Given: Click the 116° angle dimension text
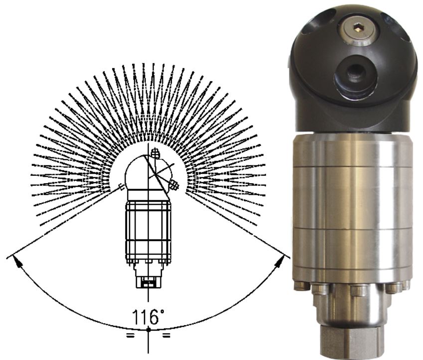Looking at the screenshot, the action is (x=148, y=317).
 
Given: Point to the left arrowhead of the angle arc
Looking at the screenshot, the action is (x=17, y=261).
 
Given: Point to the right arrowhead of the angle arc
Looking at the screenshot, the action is (x=279, y=261).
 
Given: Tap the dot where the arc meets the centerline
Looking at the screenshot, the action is (x=148, y=330).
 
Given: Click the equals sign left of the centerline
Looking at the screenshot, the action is (x=131, y=336).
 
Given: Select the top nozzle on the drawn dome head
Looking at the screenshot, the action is (x=155, y=153).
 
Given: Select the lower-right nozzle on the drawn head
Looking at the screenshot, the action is (x=173, y=186).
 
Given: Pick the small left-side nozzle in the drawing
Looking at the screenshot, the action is (x=122, y=187).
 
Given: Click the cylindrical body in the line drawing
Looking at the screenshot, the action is (x=148, y=233).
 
